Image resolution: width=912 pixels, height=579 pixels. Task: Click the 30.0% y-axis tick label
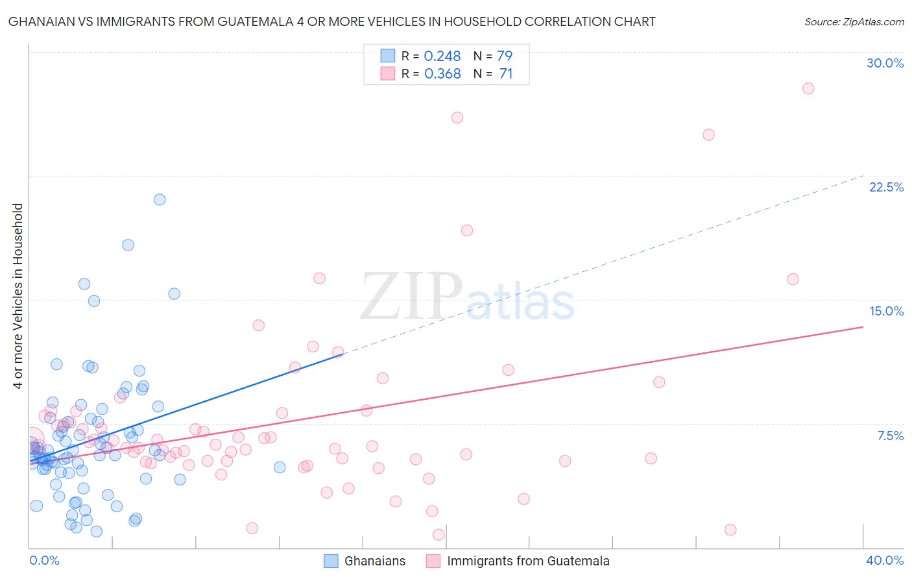[885, 63]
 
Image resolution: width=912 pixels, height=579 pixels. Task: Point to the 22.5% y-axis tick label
[886, 187]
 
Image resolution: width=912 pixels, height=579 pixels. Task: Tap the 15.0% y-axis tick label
[886, 311]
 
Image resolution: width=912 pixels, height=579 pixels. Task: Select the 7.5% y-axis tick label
[890, 436]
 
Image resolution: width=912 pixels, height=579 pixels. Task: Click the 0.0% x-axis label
[44, 560]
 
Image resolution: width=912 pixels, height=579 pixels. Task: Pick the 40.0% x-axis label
[884, 560]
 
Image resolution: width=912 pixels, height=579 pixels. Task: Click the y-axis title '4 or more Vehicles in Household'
[18, 296]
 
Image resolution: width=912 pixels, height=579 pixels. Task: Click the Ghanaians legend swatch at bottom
[331, 561]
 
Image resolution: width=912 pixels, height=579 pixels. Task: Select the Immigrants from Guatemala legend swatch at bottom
[433, 561]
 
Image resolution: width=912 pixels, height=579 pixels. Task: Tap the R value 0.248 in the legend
[442, 56]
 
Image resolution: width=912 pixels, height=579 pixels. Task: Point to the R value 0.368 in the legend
[442, 74]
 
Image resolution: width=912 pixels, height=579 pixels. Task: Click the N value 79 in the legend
[505, 56]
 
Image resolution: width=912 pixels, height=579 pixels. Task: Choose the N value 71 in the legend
[506, 74]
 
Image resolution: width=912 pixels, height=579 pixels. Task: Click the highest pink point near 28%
[808, 88]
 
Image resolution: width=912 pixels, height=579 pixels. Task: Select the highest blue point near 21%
[160, 199]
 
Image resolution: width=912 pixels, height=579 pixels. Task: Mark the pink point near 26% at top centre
[457, 117]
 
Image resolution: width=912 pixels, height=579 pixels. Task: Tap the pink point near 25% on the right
[708, 134]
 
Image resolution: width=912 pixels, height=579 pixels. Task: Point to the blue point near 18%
[128, 245]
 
